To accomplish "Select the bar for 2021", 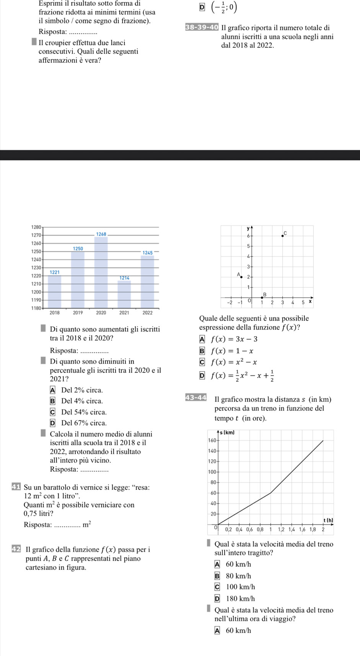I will [124, 294].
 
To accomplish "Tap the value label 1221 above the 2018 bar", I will [55, 272].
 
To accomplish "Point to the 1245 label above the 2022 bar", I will [148, 253].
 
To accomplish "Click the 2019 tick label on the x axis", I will [78, 313].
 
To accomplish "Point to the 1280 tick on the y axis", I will [36, 227].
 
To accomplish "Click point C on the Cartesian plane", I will [283, 235].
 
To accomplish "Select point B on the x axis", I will [262, 297].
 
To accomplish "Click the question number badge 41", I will [16, 487].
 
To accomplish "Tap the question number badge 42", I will [16, 549].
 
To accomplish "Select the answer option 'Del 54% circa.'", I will [84, 412].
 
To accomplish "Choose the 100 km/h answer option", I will [240, 587].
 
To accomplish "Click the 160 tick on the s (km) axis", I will [212, 440].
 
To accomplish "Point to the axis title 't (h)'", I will [328, 520].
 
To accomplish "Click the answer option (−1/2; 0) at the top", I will [224, 7].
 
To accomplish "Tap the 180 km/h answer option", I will [240, 599].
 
